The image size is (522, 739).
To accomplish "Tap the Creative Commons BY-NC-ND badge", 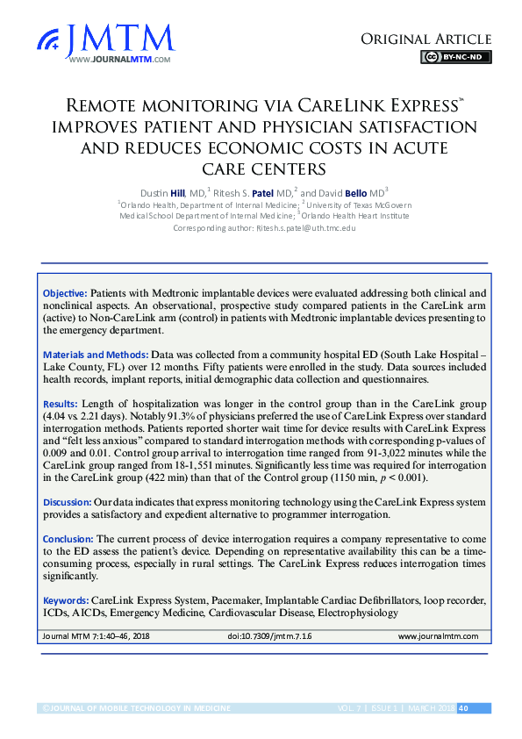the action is point(455,58).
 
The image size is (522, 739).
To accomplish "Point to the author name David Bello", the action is point(347,190).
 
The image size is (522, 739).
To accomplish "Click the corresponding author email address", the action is point(305,227).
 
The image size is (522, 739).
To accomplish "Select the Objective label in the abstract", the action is point(64,292).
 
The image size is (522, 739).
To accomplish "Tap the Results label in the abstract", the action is point(61,403).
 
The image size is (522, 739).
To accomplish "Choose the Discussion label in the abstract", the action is point(68,501).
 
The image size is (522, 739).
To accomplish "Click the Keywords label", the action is point(66,599).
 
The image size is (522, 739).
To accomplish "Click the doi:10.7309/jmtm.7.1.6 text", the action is point(269,635).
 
